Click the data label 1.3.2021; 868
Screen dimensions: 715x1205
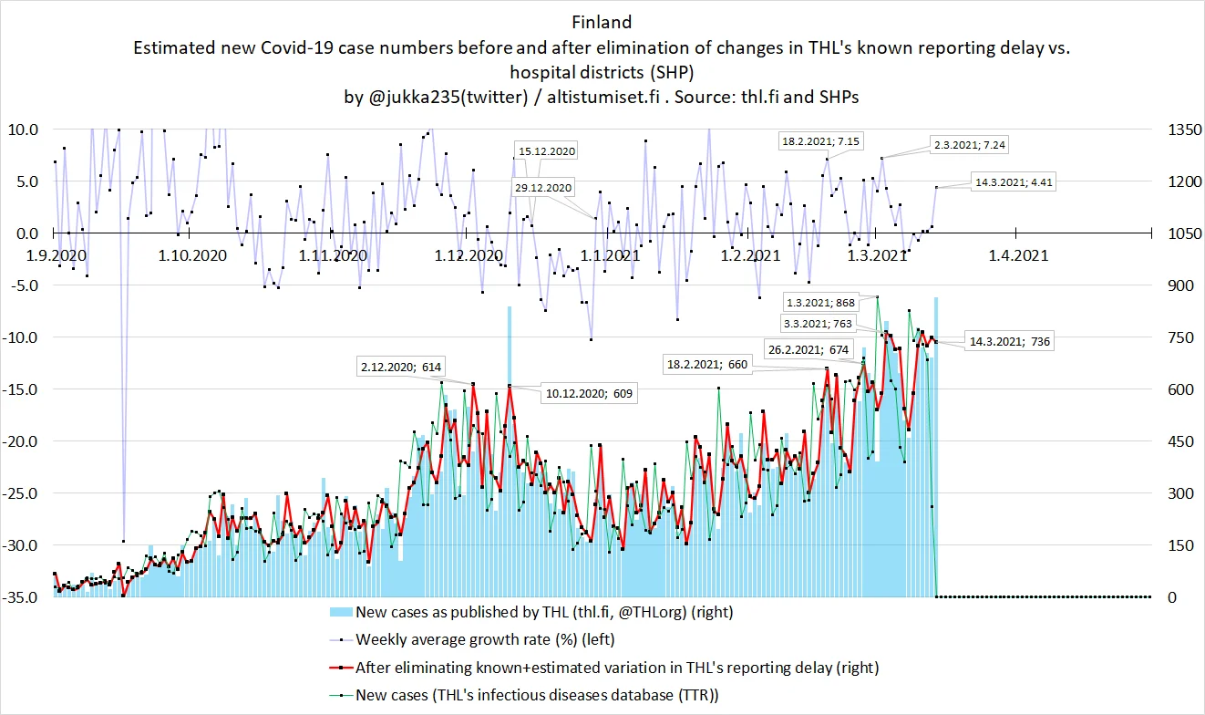(819, 302)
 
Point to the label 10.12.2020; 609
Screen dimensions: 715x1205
(588, 393)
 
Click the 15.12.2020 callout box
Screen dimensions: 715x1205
(546, 151)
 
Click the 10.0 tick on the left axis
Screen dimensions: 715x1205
(23, 130)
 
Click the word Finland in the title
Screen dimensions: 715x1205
(602, 21)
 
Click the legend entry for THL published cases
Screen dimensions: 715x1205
(544, 611)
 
